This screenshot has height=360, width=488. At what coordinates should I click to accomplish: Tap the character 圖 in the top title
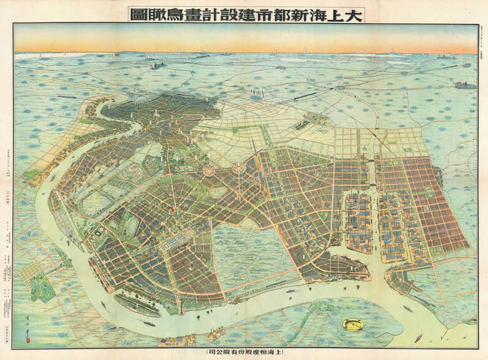click(x=138, y=13)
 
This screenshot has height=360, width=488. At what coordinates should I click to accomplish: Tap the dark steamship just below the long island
click(x=148, y=323)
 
